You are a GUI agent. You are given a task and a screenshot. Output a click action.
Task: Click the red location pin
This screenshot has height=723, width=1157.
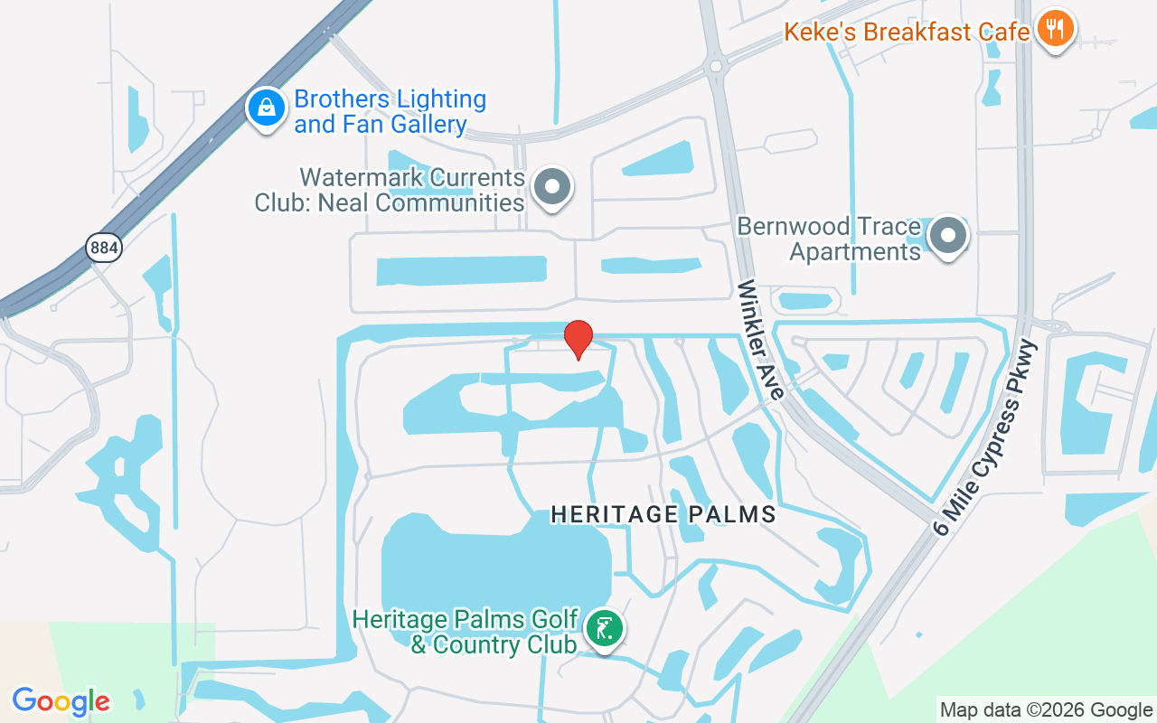[578, 338]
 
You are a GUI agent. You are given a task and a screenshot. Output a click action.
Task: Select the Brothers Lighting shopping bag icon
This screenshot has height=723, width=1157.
[267, 108]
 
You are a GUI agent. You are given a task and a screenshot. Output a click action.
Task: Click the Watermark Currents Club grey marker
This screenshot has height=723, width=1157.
[551, 187]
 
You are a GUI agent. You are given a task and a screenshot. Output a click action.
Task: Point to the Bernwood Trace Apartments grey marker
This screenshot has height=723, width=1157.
[947, 235]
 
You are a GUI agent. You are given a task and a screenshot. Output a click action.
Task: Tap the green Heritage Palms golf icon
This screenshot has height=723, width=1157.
[603, 626]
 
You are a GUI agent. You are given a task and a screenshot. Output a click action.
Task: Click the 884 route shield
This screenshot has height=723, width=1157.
[104, 247]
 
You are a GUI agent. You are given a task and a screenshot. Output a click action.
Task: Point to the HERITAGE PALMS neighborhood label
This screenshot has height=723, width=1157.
[663, 514]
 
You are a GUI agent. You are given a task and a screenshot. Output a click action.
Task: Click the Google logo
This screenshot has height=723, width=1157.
[61, 701]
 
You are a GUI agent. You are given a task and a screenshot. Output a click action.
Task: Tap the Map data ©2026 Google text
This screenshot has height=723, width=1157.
[1046, 709]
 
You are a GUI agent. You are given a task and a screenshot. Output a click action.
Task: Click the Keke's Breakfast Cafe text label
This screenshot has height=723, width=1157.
[907, 33]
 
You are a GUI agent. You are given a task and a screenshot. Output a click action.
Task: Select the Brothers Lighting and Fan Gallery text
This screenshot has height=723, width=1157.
[390, 111]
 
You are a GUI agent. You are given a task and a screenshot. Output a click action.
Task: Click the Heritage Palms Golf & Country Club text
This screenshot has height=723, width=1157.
[465, 632]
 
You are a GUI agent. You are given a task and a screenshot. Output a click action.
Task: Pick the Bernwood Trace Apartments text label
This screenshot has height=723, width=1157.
[829, 238]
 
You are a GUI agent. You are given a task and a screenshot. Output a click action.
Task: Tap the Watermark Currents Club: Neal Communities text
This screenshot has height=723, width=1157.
[390, 190]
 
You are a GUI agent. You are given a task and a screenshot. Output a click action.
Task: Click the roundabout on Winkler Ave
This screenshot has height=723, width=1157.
[718, 65]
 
